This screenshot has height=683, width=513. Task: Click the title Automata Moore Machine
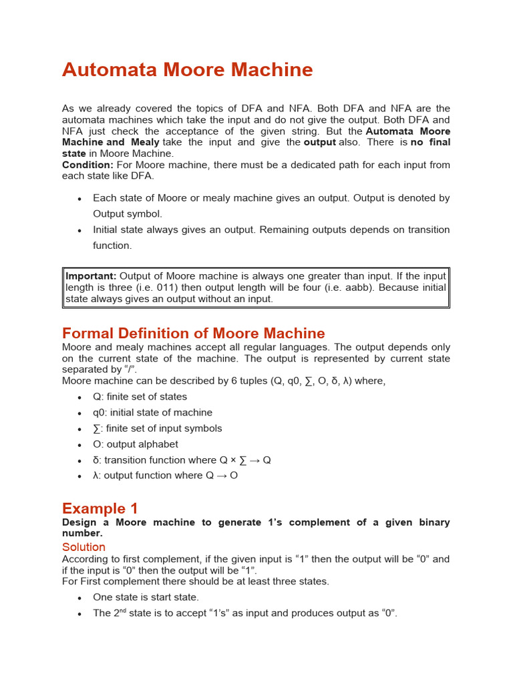pyautogui.click(x=187, y=69)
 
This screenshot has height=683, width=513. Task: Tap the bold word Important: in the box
pyautogui.click(x=91, y=276)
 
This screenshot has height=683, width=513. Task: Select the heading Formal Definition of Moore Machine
pyautogui.click(x=194, y=333)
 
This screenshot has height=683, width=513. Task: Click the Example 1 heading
pyautogui.click(x=100, y=508)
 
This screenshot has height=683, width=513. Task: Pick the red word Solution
pyautogui.click(x=83, y=547)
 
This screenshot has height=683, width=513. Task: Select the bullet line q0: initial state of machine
pyautogui.click(x=152, y=413)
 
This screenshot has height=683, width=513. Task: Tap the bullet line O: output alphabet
pyautogui.click(x=136, y=444)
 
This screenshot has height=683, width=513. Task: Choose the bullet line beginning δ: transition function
pyautogui.click(x=182, y=460)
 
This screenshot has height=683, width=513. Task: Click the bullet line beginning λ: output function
pyautogui.click(x=165, y=476)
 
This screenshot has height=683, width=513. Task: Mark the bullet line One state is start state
pyautogui.click(x=146, y=598)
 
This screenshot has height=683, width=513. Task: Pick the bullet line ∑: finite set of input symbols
pyautogui.click(x=157, y=429)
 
